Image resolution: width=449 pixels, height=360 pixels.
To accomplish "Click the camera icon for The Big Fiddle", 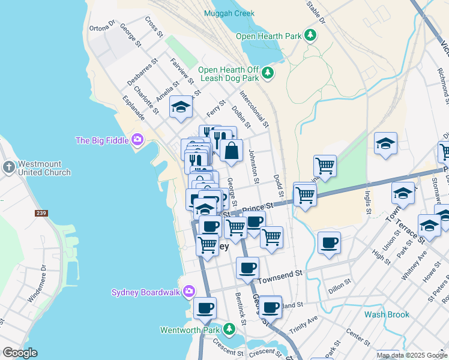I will [137, 140].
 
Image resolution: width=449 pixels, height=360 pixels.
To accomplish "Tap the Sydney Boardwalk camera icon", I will [189, 292].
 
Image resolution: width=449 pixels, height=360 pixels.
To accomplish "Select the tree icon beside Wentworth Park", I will [228, 329].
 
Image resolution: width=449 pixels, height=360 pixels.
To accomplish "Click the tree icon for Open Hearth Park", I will [310, 36].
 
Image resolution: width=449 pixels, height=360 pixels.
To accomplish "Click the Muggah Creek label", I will [229, 13].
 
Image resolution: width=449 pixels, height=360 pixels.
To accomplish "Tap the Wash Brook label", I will [387, 314].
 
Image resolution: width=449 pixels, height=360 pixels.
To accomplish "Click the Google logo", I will [20, 353].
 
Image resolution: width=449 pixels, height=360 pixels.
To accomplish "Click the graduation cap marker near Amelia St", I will [180, 107].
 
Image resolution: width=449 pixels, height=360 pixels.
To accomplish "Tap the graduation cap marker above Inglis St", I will [385, 143].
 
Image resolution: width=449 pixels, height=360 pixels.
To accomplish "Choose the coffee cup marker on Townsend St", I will [247, 268].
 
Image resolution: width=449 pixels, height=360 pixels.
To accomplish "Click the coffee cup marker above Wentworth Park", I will [205, 308].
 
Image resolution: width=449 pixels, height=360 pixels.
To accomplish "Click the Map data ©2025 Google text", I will [412, 355].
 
